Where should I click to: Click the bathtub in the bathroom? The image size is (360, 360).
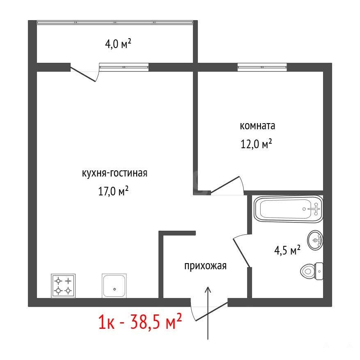coord(288,209)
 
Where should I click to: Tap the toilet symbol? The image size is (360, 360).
coord(312,271)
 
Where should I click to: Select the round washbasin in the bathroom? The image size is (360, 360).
coord(315,240)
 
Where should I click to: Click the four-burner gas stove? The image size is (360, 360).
coord(63,286)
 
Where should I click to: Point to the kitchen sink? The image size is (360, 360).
coord(114,286)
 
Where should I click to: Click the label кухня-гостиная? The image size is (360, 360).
coord(115,173)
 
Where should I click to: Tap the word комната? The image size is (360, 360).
coord(257,126)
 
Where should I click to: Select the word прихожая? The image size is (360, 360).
coord(206,266)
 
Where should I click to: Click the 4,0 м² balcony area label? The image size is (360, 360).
coord(118,44)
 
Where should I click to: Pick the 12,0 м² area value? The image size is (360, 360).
coord(256,144)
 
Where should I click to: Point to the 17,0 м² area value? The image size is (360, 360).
coord(113,191)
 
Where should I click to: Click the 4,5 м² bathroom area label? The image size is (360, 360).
coord(287,250)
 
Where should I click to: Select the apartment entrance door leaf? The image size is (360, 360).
coord(211,312)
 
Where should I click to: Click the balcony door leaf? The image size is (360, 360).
coord(83,74)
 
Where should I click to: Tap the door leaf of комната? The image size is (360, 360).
coord(225,185)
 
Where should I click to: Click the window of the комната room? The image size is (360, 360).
coord(262,67)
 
